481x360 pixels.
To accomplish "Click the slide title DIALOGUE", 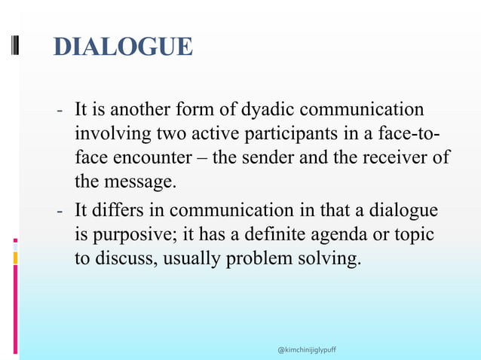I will click(x=124, y=47).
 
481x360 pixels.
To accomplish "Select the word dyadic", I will click(x=263, y=110).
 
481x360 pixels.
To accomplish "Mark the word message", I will click(x=133, y=182).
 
